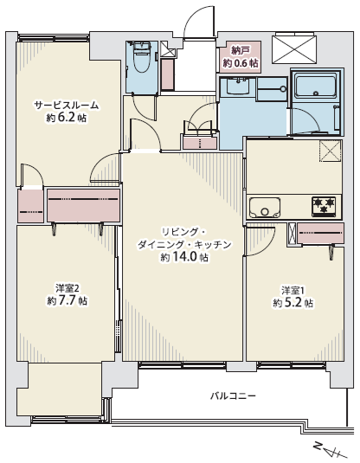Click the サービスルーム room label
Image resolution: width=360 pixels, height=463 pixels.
[x=66, y=106]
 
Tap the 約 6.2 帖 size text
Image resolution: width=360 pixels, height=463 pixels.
[x=66, y=118]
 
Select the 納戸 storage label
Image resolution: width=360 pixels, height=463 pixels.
[x=240, y=51]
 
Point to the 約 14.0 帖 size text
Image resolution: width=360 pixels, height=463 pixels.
[x=184, y=257]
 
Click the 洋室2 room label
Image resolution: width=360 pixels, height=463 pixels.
[x=67, y=287]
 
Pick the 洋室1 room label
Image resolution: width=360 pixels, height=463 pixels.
[x=292, y=290]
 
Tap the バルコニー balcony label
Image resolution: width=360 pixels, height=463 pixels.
[x=233, y=395]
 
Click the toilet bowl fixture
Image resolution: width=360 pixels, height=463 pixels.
[x=142, y=57]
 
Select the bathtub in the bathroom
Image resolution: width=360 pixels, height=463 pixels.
[x=316, y=86]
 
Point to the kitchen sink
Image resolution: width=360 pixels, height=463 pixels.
[x=264, y=208]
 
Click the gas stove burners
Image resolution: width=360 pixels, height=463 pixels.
[x=324, y=205]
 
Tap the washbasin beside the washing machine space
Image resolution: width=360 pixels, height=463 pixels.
[x=238, y=86]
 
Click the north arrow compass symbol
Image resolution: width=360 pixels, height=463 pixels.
[x=328, y=451]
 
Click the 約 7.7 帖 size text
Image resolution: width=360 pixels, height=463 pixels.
[x=67, y=300]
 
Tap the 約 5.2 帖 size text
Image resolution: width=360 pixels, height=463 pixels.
[x=293, y=303]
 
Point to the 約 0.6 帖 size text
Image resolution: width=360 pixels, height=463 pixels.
[x=241, y=63]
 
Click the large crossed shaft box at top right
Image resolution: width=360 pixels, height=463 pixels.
[x=294, y=49]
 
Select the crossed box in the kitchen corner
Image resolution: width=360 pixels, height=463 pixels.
[x=330, y=151]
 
